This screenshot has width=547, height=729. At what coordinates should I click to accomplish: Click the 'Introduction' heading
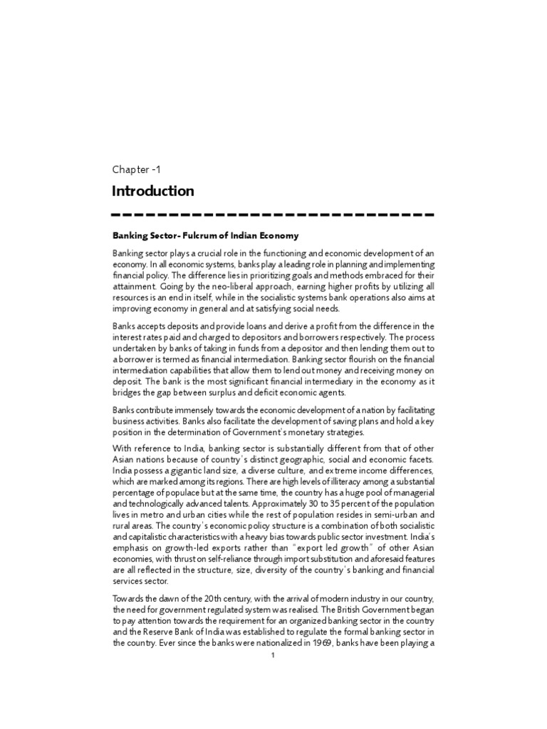tap(152, 191)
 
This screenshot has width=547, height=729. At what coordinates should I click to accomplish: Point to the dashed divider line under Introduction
tap(273, 214)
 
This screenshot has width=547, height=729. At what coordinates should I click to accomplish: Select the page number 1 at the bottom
tap(273, 656)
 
